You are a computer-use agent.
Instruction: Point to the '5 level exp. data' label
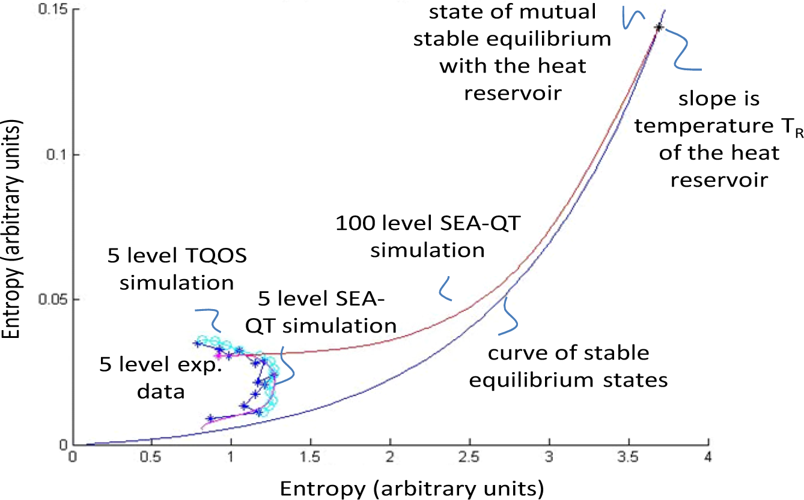click(160, 378)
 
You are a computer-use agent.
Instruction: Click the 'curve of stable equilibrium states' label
click(568, 366)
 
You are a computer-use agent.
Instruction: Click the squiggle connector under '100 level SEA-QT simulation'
click(445, 289)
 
